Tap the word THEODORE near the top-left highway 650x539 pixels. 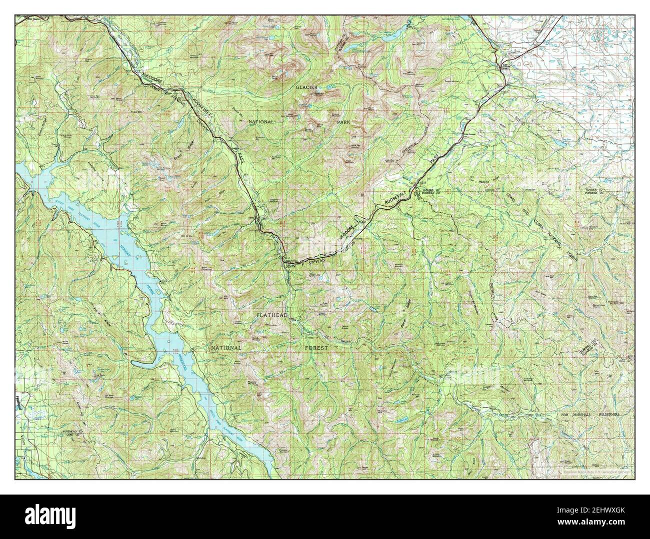point(152,80)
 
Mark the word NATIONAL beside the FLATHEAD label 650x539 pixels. point(226,347)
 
